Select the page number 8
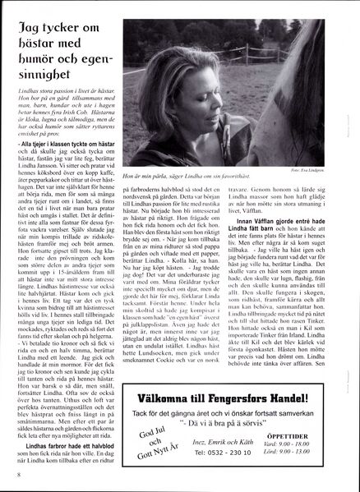pos(18,475)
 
